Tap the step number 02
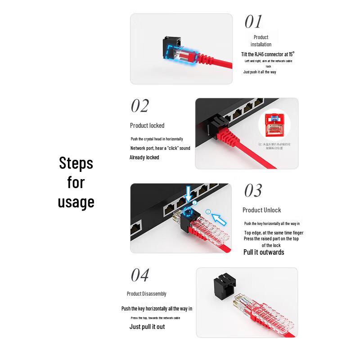tap(139, 106)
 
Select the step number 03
tap(252, 191)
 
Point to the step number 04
tap(139, 275)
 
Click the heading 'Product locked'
tap(147, 126)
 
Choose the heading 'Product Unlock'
tap(261, 210)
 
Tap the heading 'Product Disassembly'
tap(146, 294)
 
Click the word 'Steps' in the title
tap(76, 163)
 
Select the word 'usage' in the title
tap(76, 202)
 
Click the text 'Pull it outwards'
tap(264, 252)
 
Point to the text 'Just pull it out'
tap(147, 327)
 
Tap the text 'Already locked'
tap(144, 157)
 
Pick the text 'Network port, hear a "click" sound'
tap(160, 148)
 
